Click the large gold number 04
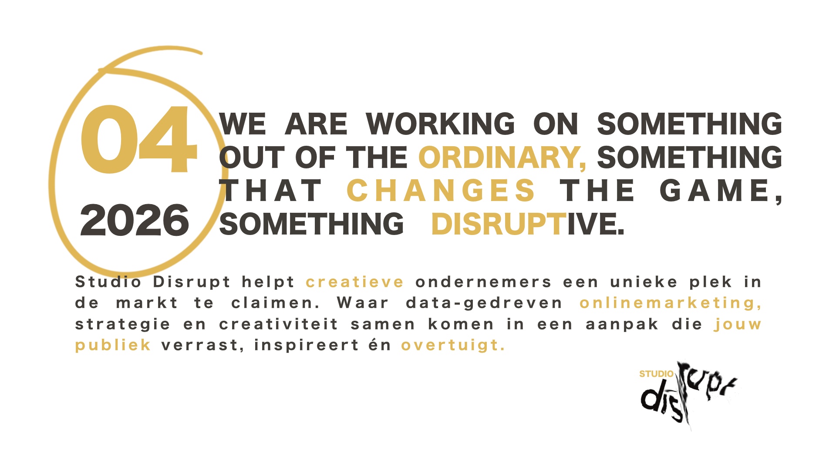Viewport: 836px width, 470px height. point(139,139)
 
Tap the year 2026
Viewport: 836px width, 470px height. point(135,221)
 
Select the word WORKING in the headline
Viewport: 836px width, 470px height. point(440,124)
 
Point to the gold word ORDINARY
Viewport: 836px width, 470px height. point(502,157)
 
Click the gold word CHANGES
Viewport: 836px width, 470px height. point(441,191)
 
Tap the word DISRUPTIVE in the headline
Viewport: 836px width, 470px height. point(528,224)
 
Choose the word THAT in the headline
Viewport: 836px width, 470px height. point(270,191)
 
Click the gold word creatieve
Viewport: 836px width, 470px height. point(355,282)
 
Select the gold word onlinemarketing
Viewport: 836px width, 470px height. point(671,303)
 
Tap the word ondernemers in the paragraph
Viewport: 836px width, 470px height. point(483,282)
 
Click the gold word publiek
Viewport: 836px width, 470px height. point(113,345)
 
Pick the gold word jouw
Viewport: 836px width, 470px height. point(738,324)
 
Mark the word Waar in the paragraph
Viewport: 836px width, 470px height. point(362,303)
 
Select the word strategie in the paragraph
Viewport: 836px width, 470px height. point(123,325)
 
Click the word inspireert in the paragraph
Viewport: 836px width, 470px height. point(307,345)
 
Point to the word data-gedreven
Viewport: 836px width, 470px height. point(484,303)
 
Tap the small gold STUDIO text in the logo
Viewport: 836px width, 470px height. point(656,374)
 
